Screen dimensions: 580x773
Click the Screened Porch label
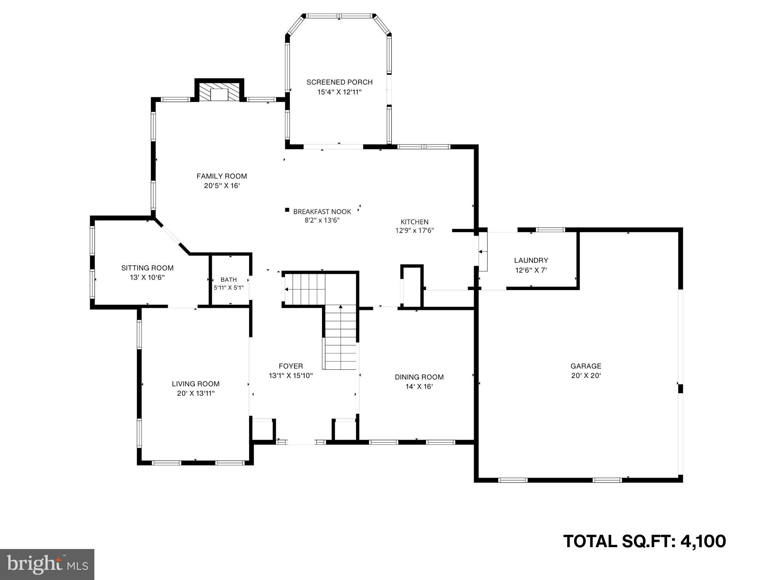pyautogui.click(x=339, y=82)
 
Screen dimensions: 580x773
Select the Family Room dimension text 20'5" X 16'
pyautogui.click(x=222, y=186)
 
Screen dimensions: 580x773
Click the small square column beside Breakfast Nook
pyautogui.click(x=287, y=210)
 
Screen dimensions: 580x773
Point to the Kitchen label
pyautogui.click(x=414, y=222)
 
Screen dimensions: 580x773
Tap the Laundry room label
pyautogui.click(x=531, y=260)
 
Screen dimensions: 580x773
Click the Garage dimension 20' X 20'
pyautogui.click(x=586, y=376)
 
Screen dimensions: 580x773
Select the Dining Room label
pyautogui.click(x=419, y=377)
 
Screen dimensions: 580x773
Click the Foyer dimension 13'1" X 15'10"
pyautogui.click(x=291, y=376)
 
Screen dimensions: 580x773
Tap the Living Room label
pyautogui.click(x=196, y=384)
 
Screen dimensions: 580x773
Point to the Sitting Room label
pyautogui.click(x=147, y=268)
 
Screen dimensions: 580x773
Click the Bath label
pyautogui.click(x=229, y=279)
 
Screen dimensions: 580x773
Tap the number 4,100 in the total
pyautogui.click(x=703, y=541)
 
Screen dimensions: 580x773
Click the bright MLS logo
pyautogui.click(x=47, y=565)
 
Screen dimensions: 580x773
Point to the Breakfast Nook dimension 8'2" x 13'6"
pyautogui.click(x=322, y=220)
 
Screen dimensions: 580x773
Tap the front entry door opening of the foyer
pyautogui.click(x=301, y=442)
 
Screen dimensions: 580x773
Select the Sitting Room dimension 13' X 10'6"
pyautogui.click(x=147, y=278)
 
